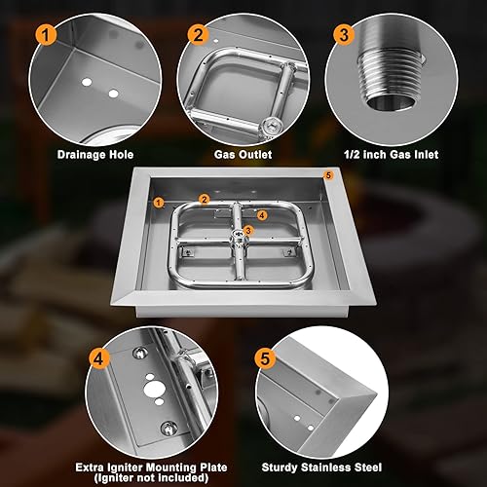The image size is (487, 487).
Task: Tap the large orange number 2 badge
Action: pos(200,35)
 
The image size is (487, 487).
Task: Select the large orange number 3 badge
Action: pos(342,37)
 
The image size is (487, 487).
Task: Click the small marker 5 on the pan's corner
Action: pos(328,174)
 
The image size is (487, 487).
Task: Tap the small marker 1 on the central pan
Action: pos(158,202)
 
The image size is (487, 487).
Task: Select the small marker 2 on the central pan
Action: pos(205,199)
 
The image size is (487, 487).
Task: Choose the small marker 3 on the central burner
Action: pos(248,230)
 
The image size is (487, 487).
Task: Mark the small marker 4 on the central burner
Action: pos(260,214)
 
